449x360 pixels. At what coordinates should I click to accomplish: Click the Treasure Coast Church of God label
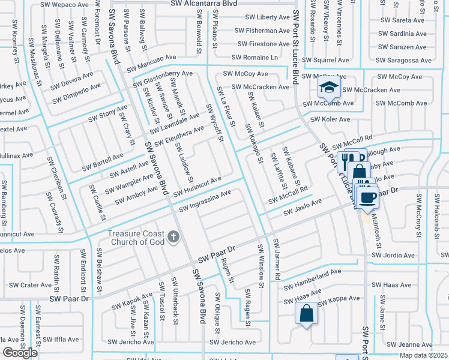tap(136, 238)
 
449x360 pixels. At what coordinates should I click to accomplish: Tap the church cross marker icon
tap(173, 237)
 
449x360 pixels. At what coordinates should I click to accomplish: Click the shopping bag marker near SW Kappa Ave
tap(306, 313)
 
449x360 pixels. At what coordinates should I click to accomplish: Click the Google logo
tap(20, 353)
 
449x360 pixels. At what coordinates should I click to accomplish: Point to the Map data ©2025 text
tap(423, 355)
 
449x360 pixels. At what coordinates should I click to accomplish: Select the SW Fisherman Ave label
tap(262, 31)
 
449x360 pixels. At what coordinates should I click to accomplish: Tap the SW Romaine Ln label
tap(257, 58)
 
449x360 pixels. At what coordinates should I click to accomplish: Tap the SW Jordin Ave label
tap(393, 256)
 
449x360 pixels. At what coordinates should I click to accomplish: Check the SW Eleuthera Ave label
tap(179, 136)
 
